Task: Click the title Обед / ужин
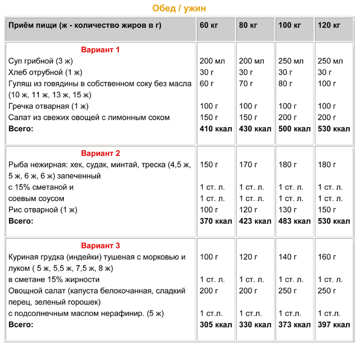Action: pyautogui.click(x=179, y=9)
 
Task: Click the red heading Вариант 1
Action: pyautogui.click(x=101, y=50)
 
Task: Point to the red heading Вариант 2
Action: pyautogui.click(x=101, y=153)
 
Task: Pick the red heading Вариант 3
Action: pyautogui.click(x=101, y=246)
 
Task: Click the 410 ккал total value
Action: pyautogui.click(x=216, y=129)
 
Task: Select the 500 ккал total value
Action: pyautogui.click(x=295, y=129)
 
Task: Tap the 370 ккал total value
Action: pyautogui.click(x=216, y=221)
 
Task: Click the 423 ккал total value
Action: pyautogui.click(x=255, y=221)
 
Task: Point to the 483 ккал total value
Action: pyautogui.click(x=295, y=221)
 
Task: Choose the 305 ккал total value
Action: pyautogui.click(x=216, y=325)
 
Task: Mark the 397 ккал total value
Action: pyautogui.click(x=334, y=325)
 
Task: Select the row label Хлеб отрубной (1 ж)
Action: pyautogui.click(x=45, y=72)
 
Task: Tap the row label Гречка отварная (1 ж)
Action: pyautogui.click(x=48, y=106)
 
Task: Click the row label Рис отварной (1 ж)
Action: pyautogui.click(x=43, y=210)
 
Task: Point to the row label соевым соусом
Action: pyautogui.click(x=36, y=198)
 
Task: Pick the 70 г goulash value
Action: pyautogui.click(x=246, y=84)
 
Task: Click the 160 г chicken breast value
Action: pyautogui.click(x=327, y=257)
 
